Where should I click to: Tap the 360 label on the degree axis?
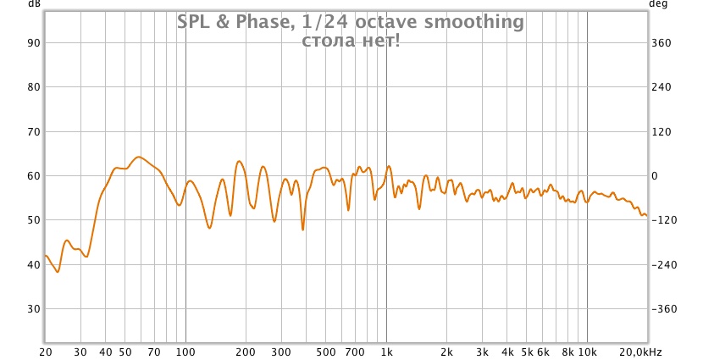pos(660,42)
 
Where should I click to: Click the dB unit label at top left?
pos(33,4)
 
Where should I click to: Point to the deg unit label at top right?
pos(657,4)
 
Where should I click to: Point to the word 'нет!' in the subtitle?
pos(380,40)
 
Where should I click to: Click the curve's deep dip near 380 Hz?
pos(302,229)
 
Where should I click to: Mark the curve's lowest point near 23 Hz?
pos(58,271)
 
